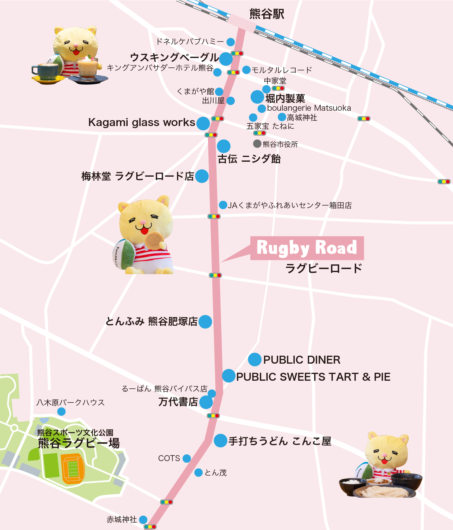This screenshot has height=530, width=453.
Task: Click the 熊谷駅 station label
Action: click(267, 14)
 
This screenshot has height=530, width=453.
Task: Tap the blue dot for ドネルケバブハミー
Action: click(231, 42)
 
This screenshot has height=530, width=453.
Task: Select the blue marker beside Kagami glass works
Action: click(203, 123)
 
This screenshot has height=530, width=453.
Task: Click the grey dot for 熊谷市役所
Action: click(257, 144)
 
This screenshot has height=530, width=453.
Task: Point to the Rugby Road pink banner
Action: click(307, 248)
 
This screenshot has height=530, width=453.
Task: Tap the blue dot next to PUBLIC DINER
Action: click(255, 360)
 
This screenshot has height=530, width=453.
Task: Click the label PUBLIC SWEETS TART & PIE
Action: click(313, 377)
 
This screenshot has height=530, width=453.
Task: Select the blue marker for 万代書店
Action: click(206, 402)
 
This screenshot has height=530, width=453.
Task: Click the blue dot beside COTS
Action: click(187, 458)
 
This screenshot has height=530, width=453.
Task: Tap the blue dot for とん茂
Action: click(199, 473)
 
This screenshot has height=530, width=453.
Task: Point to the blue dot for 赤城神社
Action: click(143, 520)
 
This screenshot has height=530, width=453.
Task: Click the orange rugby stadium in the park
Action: click(72, 468)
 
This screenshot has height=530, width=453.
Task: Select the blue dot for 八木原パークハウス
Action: click(61, 411)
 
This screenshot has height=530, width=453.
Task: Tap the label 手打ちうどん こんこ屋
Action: click(280, 441)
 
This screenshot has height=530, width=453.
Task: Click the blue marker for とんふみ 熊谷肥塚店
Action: click(205, 322)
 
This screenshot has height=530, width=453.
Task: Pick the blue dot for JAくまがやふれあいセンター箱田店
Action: click(223, 205)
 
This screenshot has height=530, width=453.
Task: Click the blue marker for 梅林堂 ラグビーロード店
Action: click(202, 176)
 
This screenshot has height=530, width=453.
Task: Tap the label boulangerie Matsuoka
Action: click(309, 108)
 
